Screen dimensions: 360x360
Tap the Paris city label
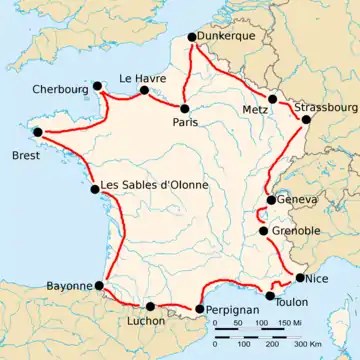186,122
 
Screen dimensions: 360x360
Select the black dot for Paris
185,107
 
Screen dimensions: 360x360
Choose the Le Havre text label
141,77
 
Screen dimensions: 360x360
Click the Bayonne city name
69,286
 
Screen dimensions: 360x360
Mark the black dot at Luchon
150,307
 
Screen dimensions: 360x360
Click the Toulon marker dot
270,296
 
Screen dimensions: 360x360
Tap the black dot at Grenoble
263,231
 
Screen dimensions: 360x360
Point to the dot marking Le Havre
144,89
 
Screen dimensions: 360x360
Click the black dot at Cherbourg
97,86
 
